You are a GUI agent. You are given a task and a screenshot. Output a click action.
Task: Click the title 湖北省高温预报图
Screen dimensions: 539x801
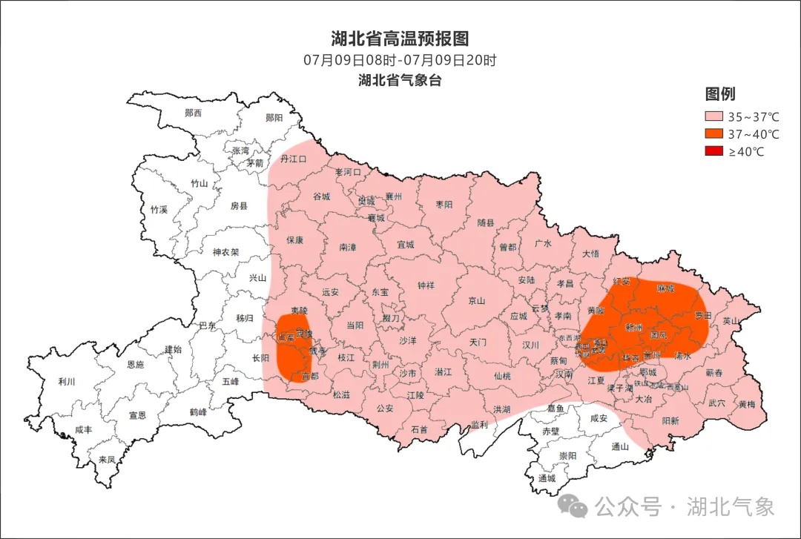(x=400, y=39)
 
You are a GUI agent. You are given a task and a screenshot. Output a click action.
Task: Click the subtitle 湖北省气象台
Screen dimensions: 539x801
(x=400, y=80)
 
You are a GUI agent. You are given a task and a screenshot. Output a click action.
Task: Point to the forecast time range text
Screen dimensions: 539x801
(x=400, y=60)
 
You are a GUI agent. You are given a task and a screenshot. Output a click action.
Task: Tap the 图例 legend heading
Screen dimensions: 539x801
(x=719, y=94)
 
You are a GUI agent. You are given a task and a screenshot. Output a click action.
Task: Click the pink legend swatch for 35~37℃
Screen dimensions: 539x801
(x=713, y=117)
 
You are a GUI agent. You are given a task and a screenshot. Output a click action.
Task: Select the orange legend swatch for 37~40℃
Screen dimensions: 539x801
(x=713, y=134)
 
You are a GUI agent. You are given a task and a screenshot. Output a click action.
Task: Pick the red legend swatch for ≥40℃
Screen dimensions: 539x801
(x=713, y=152)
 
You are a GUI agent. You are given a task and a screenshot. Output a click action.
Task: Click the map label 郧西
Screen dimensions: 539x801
(x=194, y=113)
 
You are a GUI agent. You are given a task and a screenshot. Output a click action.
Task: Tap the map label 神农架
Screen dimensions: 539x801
(x=225, y=252)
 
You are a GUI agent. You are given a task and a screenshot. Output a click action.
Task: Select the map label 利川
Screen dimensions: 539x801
(x=67, y=382)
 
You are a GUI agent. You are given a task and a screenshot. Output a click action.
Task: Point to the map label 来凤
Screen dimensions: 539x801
(x=108, y=460)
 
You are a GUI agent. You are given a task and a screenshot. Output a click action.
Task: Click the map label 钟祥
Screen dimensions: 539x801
(x=426, y=285)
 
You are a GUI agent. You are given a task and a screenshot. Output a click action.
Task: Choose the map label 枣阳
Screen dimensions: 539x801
(x=444, y=205)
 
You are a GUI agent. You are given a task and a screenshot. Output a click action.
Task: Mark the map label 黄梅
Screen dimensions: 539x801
(x=747, y=405)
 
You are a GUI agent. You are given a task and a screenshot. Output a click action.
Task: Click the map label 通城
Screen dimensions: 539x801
(x=547, y=479)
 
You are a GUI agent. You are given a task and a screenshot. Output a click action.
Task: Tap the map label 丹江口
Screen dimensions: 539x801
(x=293, y=159)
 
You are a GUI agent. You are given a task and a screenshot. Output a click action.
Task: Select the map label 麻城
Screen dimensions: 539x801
(x=665, y=288)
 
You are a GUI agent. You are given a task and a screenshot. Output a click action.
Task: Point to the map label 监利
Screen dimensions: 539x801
(x=479, y=425)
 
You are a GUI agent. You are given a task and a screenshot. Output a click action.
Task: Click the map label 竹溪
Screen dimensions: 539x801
(x=159, y=210)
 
